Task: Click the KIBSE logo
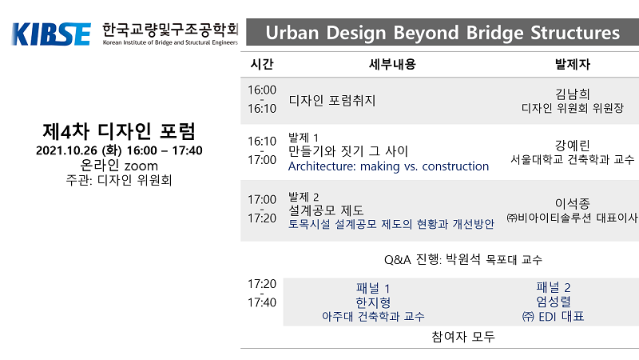click(51, 34)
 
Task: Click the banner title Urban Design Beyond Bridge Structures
click(443, 33)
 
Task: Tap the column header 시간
click(262, 64)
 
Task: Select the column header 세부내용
click(392, 64)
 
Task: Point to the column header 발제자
click(573, 64)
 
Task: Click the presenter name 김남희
click(573, 94)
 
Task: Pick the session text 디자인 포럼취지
click(332, 101)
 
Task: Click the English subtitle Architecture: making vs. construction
click(388, 166)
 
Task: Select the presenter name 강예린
click(573, 146)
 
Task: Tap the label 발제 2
click(304, 197)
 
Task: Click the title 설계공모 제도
click(326, 210)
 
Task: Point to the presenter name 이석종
click(573, 203)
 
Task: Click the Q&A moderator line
click(463, 259)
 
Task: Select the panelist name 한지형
click(373, 302)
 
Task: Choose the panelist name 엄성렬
click(554, 302)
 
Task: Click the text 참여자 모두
click(463, 337)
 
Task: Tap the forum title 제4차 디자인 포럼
click(119, 131)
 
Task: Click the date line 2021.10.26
click(119, 150)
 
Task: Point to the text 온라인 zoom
click(119, 166)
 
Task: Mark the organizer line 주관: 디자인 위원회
click(119, 180)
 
